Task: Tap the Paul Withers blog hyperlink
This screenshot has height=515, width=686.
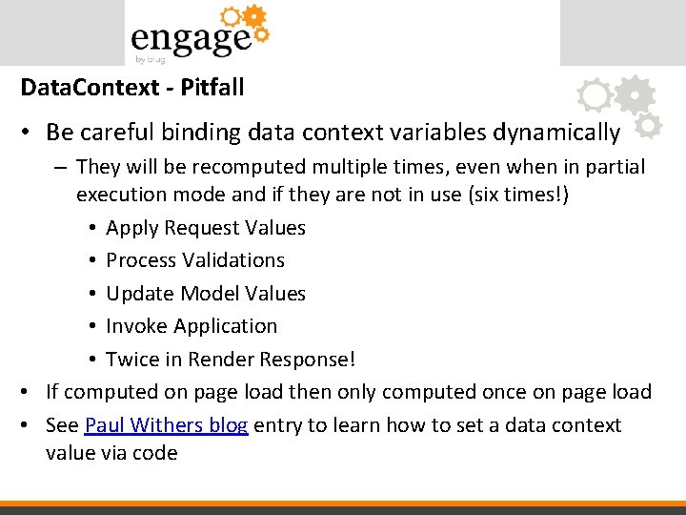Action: [x=167, y=424]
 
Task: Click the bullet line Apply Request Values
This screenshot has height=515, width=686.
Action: [x=206, y=228]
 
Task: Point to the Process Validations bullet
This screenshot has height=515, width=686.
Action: [x=195, y=260]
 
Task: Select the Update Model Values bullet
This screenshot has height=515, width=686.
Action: [x=206, y=294]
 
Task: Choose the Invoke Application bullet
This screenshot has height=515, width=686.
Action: [x=192, y=326]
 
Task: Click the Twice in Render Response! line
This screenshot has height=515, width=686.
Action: [x=231, y=360]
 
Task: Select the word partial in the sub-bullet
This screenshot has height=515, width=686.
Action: [x=613, y=167]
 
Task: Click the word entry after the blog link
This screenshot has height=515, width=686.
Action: [x=280, y=424]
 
